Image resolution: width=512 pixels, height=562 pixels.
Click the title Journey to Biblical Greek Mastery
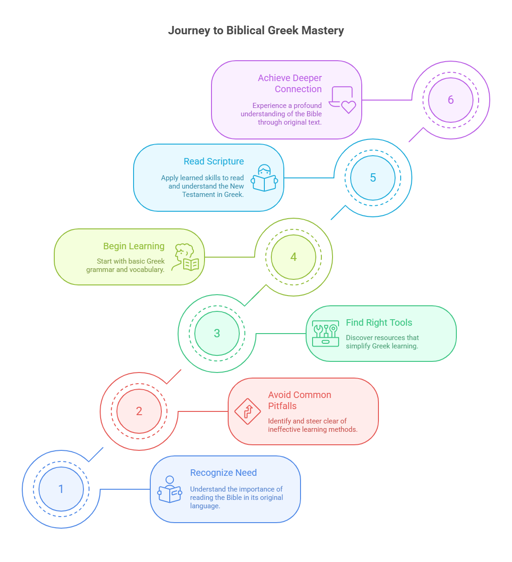[256, 30]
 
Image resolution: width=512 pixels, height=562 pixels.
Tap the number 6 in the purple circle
[451, 100]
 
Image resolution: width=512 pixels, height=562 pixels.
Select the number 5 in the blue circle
[372, 177]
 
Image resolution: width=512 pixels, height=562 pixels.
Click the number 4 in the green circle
[294, 257]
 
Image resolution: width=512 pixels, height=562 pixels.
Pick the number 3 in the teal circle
[217, 334]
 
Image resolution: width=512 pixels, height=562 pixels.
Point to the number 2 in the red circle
[139, 411]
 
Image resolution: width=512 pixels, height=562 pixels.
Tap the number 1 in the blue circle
[61, 489]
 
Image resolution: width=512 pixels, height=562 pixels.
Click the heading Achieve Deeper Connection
[289, 83]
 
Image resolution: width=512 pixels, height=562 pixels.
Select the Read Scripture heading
[213, 161]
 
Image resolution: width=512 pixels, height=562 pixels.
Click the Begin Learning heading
[134, 246]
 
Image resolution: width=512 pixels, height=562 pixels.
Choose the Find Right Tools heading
[379, 322]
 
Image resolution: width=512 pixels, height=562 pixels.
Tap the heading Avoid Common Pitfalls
[299, 400]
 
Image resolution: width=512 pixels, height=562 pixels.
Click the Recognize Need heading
[224, 473]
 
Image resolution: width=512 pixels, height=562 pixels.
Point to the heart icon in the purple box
[348, 107]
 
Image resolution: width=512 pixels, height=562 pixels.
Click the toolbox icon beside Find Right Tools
[326, 334]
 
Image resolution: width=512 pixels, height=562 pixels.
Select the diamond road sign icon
[248, 411]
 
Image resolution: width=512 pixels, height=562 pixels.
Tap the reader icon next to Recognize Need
[169, 489]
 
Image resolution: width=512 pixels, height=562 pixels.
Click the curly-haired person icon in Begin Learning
[185, 257]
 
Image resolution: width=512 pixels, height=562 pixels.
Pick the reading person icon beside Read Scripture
[264, 178]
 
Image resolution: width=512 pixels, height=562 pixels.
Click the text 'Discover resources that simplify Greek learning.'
[382, 342]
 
